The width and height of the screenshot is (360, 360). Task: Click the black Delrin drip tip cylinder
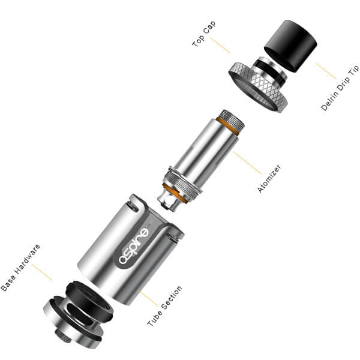point(290,46)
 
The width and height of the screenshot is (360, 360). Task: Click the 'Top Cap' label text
point(204,34)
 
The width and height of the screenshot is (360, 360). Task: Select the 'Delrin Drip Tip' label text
point(340,88)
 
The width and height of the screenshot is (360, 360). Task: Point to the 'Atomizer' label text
point(269,178)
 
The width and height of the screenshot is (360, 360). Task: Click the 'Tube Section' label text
point(164,306)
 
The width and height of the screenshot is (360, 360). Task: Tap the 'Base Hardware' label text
point(20,268)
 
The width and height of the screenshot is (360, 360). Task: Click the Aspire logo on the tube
point(134,245)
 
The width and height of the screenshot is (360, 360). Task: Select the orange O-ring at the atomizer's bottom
point(175,192)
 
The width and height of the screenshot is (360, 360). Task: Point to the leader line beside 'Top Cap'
point(220,46)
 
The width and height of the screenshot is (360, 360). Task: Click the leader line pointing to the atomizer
point(247,163)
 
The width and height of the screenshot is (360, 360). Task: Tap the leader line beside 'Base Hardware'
point(42,272)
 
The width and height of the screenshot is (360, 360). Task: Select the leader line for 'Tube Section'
point(148,298)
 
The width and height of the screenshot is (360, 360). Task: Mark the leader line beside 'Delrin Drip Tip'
point(326,71)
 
